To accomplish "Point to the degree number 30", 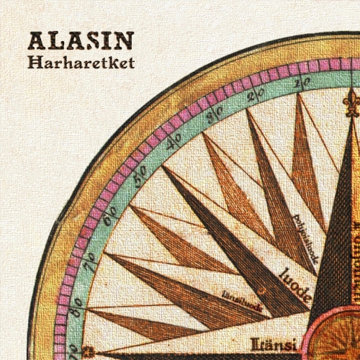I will point(212,114).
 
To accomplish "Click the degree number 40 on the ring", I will point(173,142).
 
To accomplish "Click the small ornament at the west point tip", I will point(89,351).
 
